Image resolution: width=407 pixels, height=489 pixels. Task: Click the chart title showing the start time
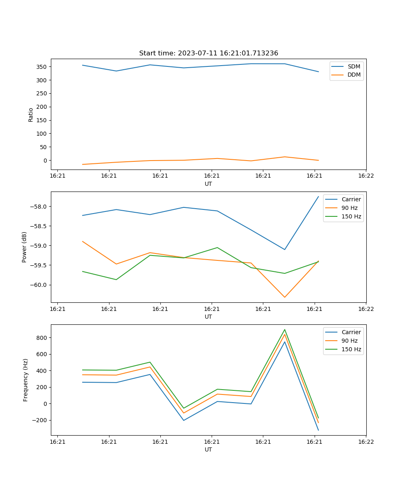pyautogui.click(x=208, y=53)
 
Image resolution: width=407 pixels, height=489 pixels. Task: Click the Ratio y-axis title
pyautogui.click(x=31, y=114)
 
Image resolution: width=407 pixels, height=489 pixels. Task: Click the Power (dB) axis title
pyautogui.click(x=24, y=247)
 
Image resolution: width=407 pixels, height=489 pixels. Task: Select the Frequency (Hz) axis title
pyautogui.click(x=26, y=380)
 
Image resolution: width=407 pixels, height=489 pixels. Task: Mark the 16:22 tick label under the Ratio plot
pyautogui.click(x=365, y=176)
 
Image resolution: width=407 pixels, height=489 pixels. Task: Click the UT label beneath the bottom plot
pyautogui.click(x=208, y=449)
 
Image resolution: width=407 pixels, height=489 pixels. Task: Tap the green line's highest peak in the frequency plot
pyautogui.click(x=284, y=330)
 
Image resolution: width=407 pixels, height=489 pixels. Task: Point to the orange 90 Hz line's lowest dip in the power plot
pyautogui.click(x=284, y=297)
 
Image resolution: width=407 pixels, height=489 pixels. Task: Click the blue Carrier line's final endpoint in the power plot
pyautogui.click(x=318, y=196)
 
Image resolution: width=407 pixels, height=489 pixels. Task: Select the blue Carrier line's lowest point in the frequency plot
pyautogui.click(x=318, y=430)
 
